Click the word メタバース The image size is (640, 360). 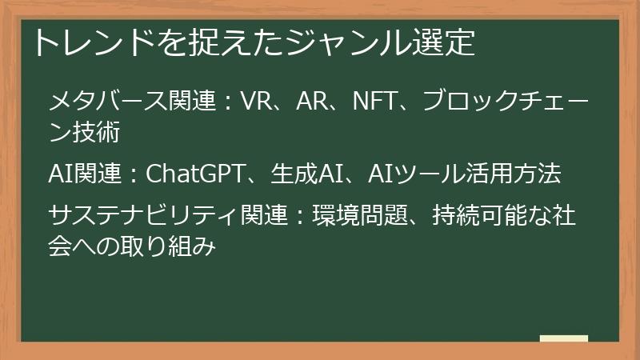(108, 102)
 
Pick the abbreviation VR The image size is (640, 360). (257, 102)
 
